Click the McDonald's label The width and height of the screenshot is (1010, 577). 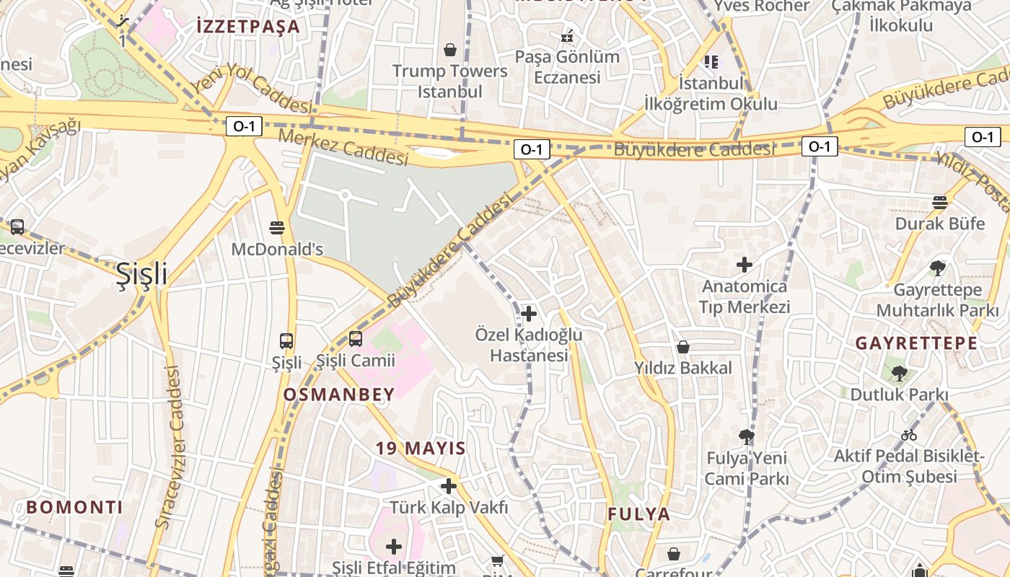coord(277,249)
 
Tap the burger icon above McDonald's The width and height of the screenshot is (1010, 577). coord(276,228)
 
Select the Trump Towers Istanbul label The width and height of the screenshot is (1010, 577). coord(450,81)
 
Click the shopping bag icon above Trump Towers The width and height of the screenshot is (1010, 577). coord(450,50)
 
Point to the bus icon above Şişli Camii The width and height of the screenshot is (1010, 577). coord(355,338)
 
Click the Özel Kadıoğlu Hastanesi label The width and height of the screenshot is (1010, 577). coord(529,345)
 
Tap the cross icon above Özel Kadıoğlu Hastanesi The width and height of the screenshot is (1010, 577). coord(529,314)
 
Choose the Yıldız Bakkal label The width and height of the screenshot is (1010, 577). coord(682,368)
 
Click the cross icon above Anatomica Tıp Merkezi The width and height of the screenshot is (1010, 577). coord(745,265)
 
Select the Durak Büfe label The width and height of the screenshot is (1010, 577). coord(939,224)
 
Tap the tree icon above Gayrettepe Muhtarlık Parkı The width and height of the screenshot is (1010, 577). coord(938,269)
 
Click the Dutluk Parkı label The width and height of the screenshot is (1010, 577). coord(899,395)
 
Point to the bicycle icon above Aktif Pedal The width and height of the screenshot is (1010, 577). coord(909,435)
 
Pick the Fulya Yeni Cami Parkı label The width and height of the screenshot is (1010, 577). coord(747,468)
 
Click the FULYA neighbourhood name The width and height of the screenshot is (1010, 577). coord(639,514)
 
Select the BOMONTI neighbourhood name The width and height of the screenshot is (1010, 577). coord(74,507)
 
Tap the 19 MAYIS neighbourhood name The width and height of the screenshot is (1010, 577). coord(421,448)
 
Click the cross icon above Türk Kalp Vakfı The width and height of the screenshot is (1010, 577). coord(449,486)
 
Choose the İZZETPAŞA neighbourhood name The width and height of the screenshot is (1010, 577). coord(247,27)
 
